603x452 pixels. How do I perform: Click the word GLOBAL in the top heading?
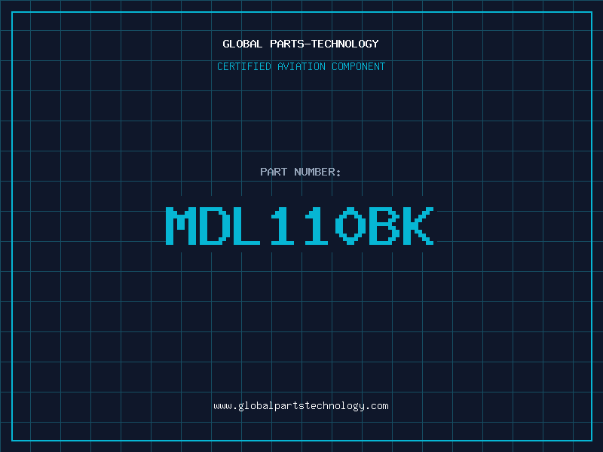(243, 44)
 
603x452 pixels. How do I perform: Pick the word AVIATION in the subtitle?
(299, 66)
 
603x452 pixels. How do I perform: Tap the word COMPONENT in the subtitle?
(358, 66)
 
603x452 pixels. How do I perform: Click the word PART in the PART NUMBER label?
(274, 172)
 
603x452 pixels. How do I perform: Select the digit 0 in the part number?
(350, 226)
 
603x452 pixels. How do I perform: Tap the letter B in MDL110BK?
(384, 226)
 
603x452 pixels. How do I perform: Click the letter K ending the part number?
(418, 226)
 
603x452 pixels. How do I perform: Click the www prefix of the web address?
(222, 406)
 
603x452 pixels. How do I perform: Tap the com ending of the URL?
(380, 406)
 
